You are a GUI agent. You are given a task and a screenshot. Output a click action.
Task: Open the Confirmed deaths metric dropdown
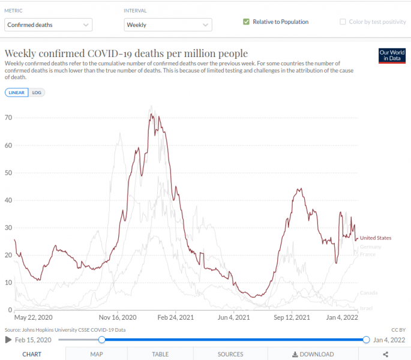[x=49, y=25]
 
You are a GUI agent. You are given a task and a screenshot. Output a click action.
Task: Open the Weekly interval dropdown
[x=168, y=25]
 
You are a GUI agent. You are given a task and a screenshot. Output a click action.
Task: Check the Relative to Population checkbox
[x=246, y=22]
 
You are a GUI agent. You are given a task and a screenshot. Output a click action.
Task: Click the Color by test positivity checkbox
[x=343, y=22]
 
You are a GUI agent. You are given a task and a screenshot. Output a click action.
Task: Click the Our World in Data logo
[x=392, y=55]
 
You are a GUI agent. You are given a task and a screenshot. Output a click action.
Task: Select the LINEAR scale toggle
[x=17, y=92]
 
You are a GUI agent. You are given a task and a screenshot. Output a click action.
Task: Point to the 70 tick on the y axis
[x=8, y=118]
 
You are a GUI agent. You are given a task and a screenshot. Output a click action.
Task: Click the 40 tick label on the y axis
[x=8, y=200]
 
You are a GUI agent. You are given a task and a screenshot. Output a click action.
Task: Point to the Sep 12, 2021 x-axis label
[x=292, y=317]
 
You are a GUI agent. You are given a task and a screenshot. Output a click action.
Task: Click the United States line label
[x=376, y=238]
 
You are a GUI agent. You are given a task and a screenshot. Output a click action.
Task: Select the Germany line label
[x=371, y=247]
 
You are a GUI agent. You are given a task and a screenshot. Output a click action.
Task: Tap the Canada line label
[x=368, y=293]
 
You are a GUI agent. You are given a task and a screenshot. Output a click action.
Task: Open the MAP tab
[x=97, y=354]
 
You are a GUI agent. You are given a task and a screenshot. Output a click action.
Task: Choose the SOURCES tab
[x=230, y=354]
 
